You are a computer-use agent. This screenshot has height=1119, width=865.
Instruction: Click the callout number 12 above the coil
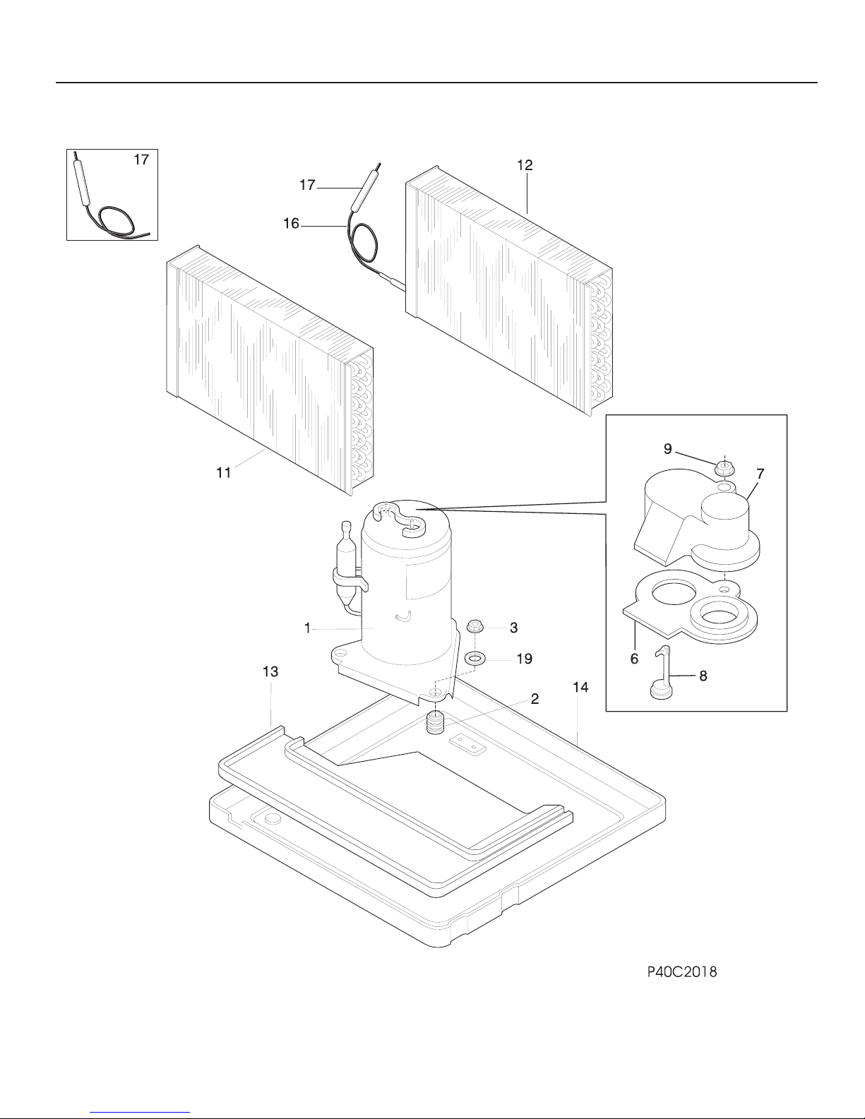[x=525, y=165]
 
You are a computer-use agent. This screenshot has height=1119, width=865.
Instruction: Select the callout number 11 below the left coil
[x=223, y=473]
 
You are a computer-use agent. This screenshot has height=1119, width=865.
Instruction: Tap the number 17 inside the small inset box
[x=141, y=160]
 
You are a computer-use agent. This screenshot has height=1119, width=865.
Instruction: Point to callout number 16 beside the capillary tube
[x=291, y=224]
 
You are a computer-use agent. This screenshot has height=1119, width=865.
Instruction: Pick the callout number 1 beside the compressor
[x=307, y=628]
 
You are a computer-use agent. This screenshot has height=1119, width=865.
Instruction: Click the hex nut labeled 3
[x=473, y=627]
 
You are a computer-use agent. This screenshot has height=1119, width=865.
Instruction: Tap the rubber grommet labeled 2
[x=436, y=724]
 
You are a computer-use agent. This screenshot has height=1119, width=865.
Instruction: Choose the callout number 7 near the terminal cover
[x=760, y=473]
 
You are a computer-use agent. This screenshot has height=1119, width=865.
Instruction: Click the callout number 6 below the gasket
[x=634, y=659]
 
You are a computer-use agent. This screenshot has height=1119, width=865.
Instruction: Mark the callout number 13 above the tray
[x=270, y=671]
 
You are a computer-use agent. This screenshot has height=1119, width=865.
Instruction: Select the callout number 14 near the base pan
[x=580, y=687]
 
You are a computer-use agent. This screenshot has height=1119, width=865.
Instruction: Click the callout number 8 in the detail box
[x=703, y=676]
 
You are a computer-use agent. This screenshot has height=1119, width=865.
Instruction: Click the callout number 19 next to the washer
[x=524, y=659]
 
